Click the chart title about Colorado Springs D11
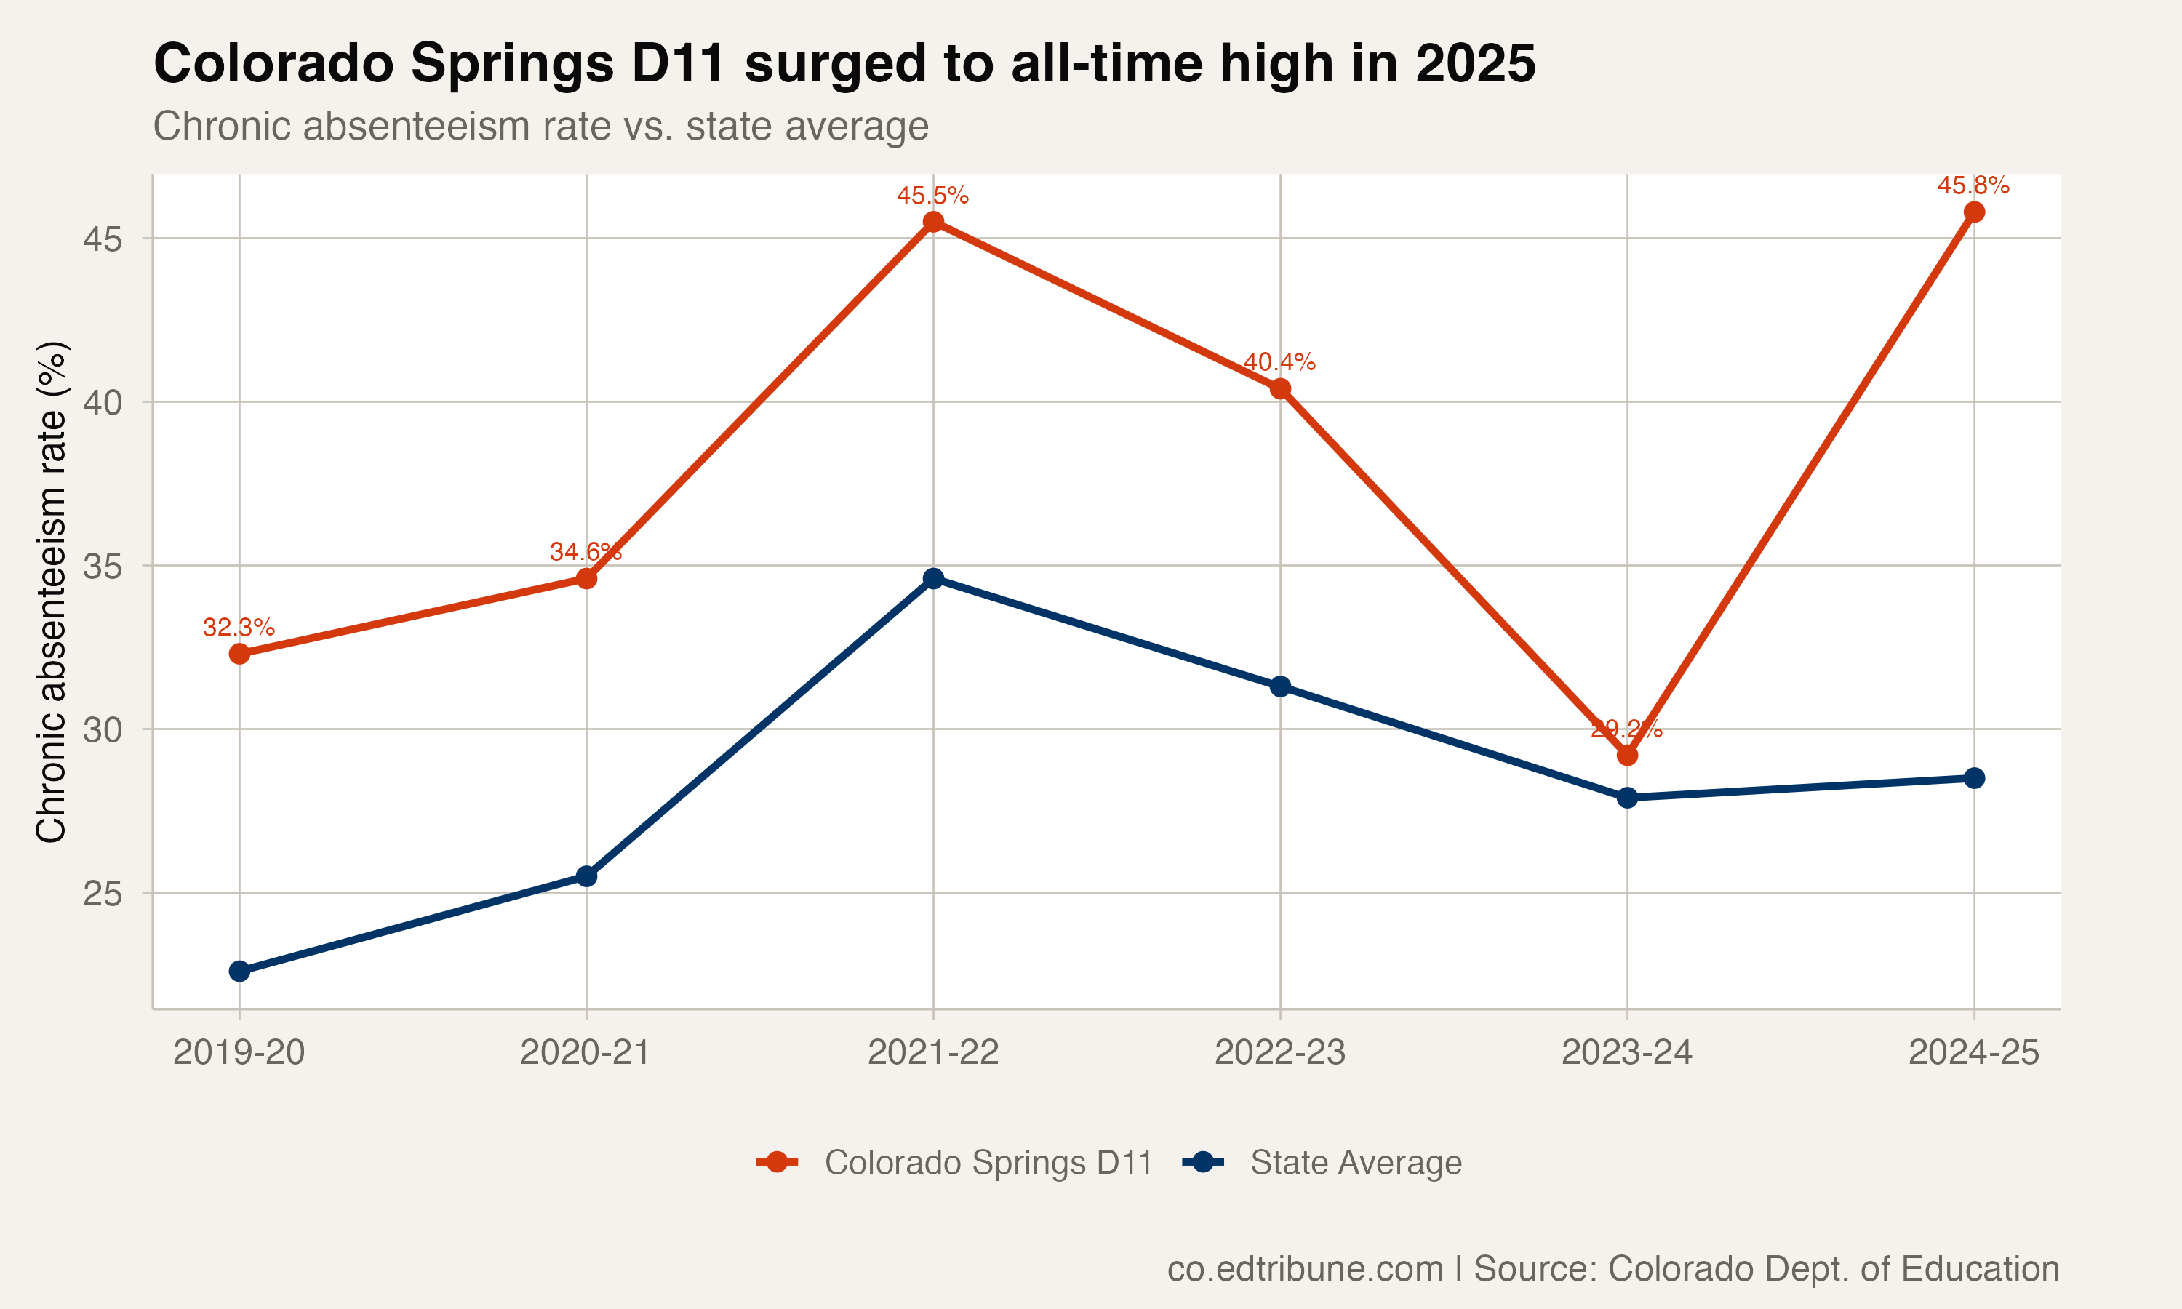point(844,63)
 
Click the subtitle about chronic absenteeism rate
point(540,126)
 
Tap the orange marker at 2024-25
point(1974,212)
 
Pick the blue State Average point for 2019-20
point(239,971)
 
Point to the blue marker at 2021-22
point(933,579)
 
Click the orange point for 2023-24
point(1627,756)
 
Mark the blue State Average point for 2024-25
point(1974,778)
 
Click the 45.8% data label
point(1973,186)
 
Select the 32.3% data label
point(239,628)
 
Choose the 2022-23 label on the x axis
point(1279,1052)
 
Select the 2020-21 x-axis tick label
point(586,1052)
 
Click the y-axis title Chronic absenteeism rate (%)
point(51,591)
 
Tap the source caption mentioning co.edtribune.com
point(1612,1268)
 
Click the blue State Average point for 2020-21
point(586,876)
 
